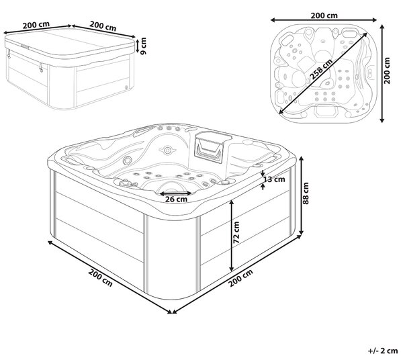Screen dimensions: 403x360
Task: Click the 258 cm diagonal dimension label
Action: point(321,69)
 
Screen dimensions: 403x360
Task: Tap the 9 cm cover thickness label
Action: point(144,46)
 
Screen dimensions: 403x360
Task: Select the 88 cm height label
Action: point(306,193)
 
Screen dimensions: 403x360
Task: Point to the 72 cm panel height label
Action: point(236,232)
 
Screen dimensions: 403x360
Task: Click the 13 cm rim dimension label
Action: point(275,179)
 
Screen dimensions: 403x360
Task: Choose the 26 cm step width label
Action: point(176,199)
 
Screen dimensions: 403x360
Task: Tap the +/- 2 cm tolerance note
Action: point(383,351)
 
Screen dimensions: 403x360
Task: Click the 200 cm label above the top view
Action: point(324,15)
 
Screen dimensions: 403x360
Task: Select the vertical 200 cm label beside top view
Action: point(387,71)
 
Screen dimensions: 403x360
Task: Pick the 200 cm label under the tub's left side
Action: point(100,277)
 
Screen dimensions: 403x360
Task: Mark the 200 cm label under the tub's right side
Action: point(241,277)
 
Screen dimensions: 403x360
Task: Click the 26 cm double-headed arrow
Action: point(176,193)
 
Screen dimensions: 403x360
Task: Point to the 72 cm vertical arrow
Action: point(232,235)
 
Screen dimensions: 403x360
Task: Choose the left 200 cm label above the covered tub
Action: point(36,25)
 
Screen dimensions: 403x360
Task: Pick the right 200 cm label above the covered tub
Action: point(103,26)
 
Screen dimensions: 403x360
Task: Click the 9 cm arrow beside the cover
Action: point(138,45)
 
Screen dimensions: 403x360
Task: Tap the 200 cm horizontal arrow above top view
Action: point(324,20)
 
